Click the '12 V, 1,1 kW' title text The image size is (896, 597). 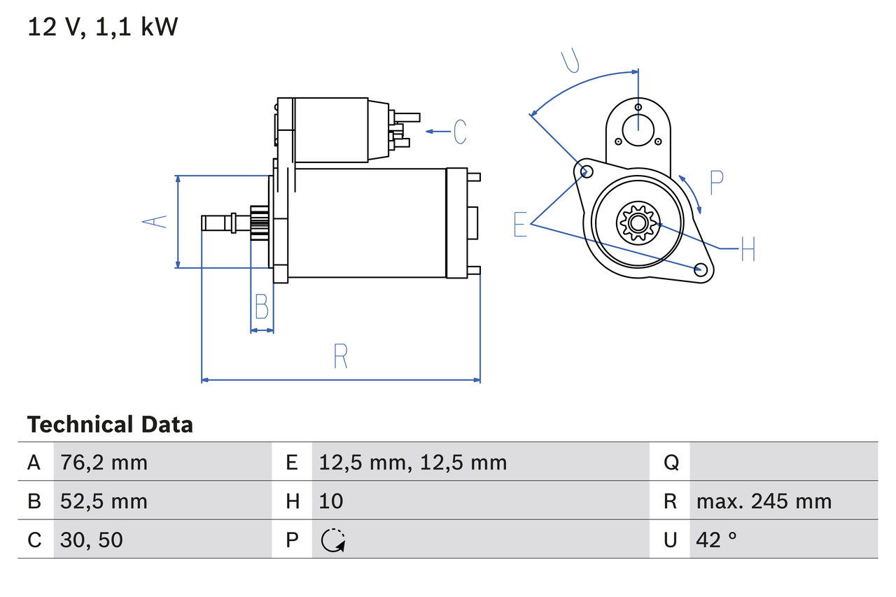pyautogui.click(x=103, y=27)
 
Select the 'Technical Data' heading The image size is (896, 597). pyautogui.click(x=110, y=425)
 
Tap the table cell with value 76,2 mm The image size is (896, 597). pyautogui.click(x=104, y=463)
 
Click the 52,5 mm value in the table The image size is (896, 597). pyautogui.click(x=104, y=501)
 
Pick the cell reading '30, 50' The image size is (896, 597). pyautogui.click(x=92, y=540)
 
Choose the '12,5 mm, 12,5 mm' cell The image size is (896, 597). pyautogui.click(x=412, y=463)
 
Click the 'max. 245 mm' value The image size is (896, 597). pyautogui.click(x=764, y=501)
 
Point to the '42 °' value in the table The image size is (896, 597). pyautogui.click(x=717, y=540)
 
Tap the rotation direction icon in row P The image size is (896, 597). pyautogui.click(x=332, y=540)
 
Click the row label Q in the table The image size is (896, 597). pyautogui.click(x=670, y=463)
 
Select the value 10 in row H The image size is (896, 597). pyautogui.click(x=331, y=501)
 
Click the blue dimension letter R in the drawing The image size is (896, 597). pyautogui.click(x=340, y=357)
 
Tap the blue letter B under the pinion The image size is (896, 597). pyautogui.click(x=261, y=307)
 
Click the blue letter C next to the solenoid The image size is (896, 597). pyautogui.click(x=460, y=132)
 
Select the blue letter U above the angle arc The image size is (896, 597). pyautogui.click(x=571, y=62)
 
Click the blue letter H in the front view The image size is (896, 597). pyautogui.click(x=748, y=248)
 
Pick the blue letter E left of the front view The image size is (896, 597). pyautogui.click(x=520, y=224)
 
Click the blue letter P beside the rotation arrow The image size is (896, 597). pyautogui.click(x=716, y=182)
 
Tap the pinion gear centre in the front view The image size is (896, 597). pyautogui.click(x=637, y=223)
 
